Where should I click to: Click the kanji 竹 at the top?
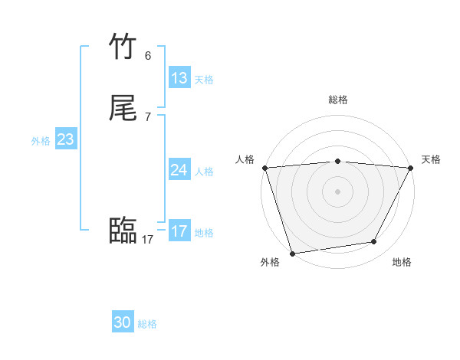[123, 47]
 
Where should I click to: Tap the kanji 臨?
[123, 231]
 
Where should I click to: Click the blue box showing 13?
[179, 78]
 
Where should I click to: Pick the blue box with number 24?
[179, 170]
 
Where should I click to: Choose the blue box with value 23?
[65, 139]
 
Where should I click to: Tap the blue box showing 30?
[123, 322]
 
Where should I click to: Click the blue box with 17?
[179, 231]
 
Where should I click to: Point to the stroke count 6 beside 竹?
[148, 56]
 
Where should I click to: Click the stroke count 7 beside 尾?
[148, 117]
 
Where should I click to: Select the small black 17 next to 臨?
[148, 240]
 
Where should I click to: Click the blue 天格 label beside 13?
[204, 80]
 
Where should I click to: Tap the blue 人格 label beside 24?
[204, 172]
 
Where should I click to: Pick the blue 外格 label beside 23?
[41, 141]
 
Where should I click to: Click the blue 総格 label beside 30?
[147, 324]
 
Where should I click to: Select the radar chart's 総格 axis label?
[337, 100]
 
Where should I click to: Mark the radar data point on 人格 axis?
[264, 168]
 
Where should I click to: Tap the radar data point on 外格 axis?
[292, 253]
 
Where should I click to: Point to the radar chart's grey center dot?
[337, 191]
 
